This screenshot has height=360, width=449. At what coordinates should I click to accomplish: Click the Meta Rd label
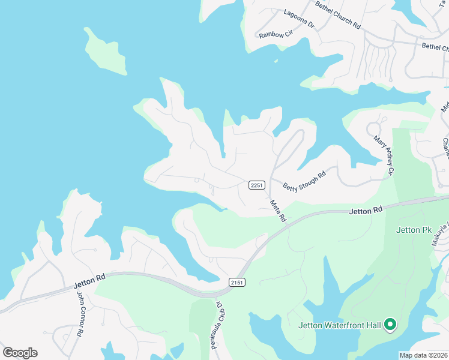click(x=278, y=211)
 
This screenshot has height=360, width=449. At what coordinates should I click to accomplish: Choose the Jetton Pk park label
click(x=414, y=230)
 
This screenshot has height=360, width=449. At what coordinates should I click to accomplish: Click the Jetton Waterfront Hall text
click(x=340, y=326)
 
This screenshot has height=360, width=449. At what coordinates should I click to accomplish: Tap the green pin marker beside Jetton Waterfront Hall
click(x=390, y=325)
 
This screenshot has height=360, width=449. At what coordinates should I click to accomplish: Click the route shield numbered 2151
click(x=237, y=282)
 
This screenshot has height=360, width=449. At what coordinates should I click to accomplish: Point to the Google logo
click(x=20, y=353)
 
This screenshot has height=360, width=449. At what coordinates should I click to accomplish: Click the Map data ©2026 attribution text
click(x=423, y=355)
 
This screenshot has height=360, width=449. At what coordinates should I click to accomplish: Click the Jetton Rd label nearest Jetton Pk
click(x=366, y=211)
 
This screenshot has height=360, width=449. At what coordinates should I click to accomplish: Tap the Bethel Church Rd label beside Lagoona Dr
click(x=339, y=14)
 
